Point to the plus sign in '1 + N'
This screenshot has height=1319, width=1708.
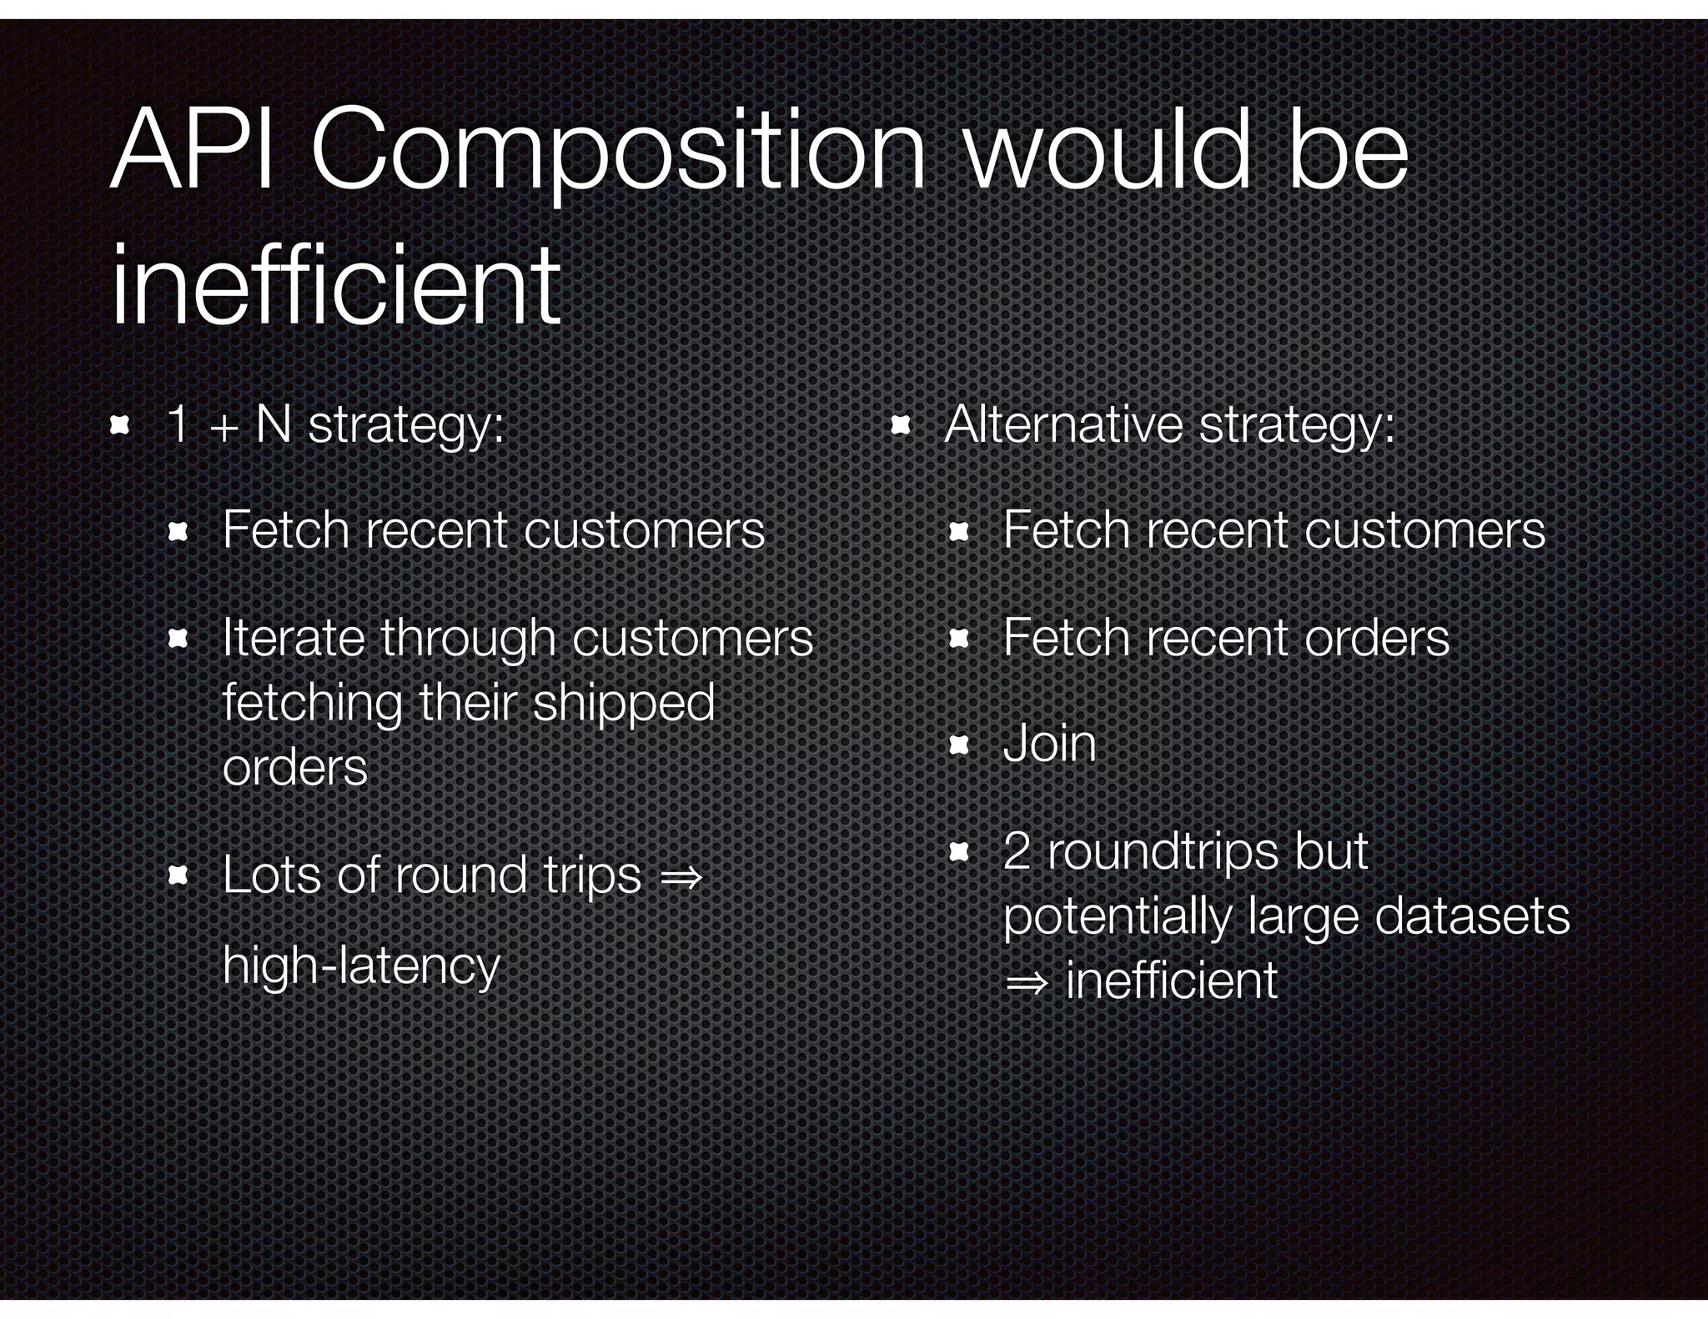pyautogui.click(x=223, y=429)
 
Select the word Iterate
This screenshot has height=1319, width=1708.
pyautogui.click(x=294, y=638)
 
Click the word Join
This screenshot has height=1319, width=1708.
pyautogui.click(x=1049, y=744)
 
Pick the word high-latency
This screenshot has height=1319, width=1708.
pyautogui.click(x=361, y=966)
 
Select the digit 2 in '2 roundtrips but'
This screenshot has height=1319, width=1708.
pyautogui.click(x=1017, y=851)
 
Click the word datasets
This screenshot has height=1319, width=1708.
pyautogui.click(x=1472, y=915)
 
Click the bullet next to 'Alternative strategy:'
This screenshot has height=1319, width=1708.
pyautogui.click(x=900, y=426)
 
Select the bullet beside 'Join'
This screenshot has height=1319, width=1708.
pyautogui.click(x=958, y=745)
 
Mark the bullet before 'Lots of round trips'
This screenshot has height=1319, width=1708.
pyautogui.click(x=177, y=875)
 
